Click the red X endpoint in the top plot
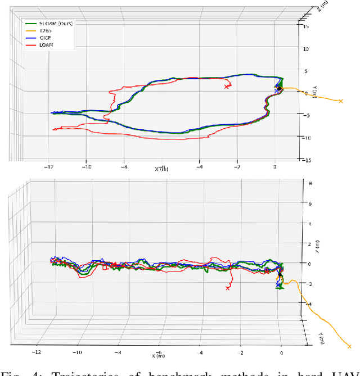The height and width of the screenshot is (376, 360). [227, 87]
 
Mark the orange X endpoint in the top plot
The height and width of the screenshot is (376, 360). [340, 101]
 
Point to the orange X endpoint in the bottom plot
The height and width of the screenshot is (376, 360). [350, 347]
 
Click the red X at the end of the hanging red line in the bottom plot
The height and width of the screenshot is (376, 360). [228, 288]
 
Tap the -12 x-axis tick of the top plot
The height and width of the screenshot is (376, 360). [49, 167]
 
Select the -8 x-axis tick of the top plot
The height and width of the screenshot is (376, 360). [124, 167]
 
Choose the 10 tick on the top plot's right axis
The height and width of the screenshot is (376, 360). [307, 48]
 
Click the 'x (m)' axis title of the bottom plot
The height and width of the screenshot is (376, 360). [160, 355]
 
